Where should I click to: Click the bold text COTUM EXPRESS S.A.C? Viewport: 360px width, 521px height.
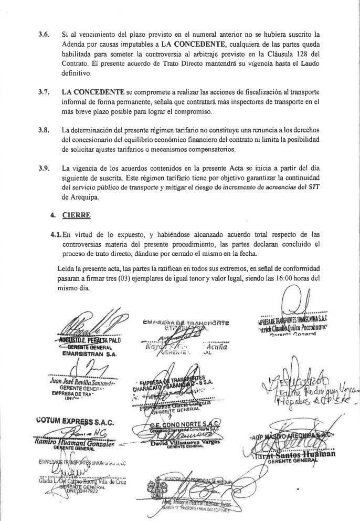[x=71, y=420]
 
